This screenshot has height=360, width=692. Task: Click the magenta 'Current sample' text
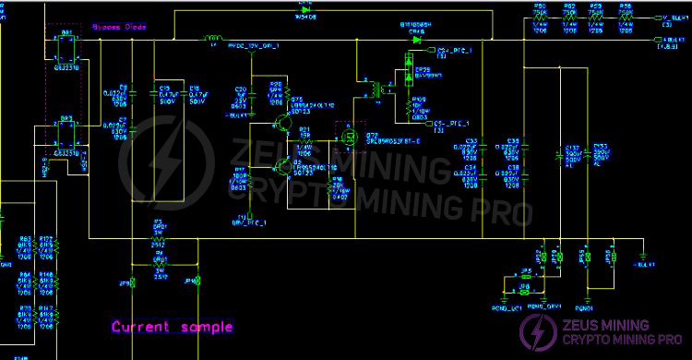[172, 327]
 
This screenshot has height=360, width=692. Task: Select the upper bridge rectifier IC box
[67, 51]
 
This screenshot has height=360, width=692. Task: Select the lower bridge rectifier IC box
[66, 135]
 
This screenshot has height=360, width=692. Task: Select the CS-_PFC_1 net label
[452, 123]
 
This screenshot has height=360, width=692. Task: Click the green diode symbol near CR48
[417, 40]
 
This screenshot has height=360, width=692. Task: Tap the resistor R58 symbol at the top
[626, 18]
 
